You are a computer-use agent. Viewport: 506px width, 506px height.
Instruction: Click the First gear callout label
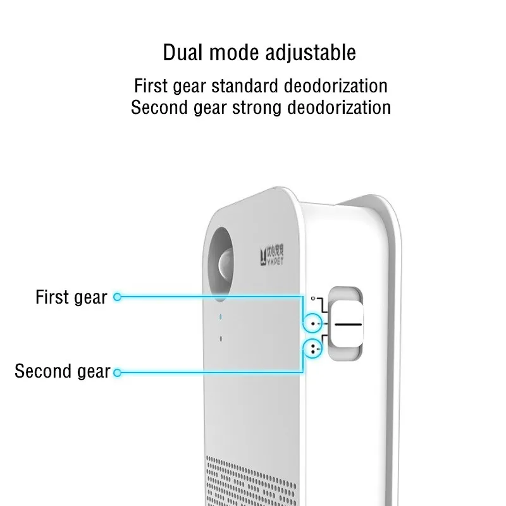click(71, 297)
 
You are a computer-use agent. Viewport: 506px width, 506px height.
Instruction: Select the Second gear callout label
click(62, 371)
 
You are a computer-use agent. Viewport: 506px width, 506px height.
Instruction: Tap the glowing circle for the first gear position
click(313, 324)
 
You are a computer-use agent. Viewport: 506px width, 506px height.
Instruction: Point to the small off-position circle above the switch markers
click(312, 297)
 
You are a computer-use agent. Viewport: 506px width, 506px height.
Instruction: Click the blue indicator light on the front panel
click(220, 316)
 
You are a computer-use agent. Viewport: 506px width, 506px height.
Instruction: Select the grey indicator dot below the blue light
click(220, 339)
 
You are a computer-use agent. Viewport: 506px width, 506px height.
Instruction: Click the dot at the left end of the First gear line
click(116, 297)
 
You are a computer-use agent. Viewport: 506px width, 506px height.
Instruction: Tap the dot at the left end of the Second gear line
click(116, 372)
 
